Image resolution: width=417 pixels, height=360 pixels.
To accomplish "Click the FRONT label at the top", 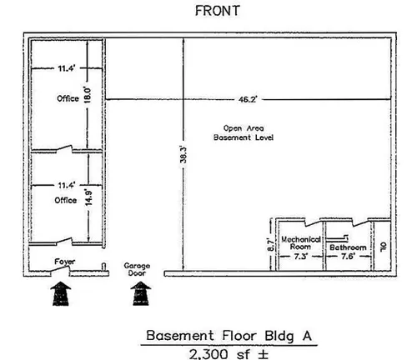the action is pyautogui.click(x=218, y=11).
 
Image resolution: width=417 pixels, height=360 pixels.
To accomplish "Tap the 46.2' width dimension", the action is pyautogui.click(x=248, y=99).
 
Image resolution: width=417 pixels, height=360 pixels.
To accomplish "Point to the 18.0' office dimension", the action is pyautogui.click(x=88, y=94).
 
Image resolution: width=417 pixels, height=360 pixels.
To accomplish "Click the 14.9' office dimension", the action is pyautogui.click(x=88, y=197).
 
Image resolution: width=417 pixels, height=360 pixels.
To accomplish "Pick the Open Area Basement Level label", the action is pyautogui.click(x=244, y=132).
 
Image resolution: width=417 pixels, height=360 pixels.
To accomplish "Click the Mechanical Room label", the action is pyautogui.click(x=301, y=243).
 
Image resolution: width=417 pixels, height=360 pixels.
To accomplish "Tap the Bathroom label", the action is pyautogui.click(x=348, y=247).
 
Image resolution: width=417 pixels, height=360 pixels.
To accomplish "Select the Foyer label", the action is pyautogui.click(x=65, y=262).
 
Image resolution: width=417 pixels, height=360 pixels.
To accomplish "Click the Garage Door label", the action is pyautogui.click(x=137, y=269).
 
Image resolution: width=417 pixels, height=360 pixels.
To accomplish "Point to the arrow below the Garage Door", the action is pyautogui.click(x=141, y=293).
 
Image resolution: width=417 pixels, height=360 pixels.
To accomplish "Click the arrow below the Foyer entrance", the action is pyautogui.click(x=61, y=293).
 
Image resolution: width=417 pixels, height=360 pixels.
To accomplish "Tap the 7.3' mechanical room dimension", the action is pyautogui.click(x=301, y=257).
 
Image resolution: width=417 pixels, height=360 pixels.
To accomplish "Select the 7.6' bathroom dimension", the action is pyautogui.click(x=348, y=256).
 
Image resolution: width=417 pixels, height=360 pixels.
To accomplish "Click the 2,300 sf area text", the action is pyautogui.click(x=229, y=354).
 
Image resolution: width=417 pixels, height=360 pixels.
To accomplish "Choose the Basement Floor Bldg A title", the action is pyautogui.click(x=229, y=336).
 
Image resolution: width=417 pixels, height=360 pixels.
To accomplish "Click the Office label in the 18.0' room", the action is pyautogui.click(x=68, y=98).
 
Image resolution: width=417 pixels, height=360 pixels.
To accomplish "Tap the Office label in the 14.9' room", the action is pyautogui.click(x=66, y=200).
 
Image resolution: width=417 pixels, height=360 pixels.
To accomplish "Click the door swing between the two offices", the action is pyautogui.click(x=65, y=149).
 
